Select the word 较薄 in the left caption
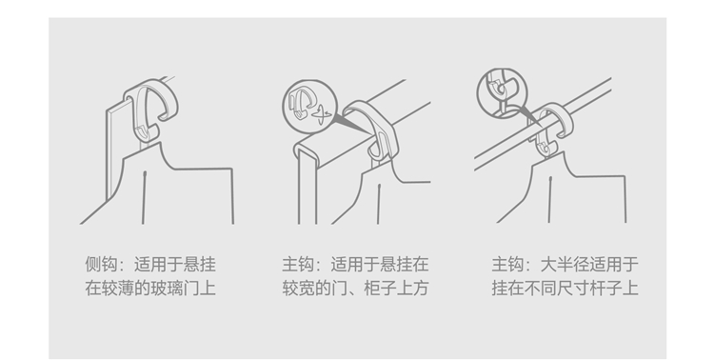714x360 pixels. (117, 289)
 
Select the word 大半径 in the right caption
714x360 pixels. (565, 265)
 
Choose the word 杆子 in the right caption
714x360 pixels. (605, 289)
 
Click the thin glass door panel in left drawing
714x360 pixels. (110, 155)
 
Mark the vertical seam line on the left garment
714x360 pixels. (144, 197)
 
